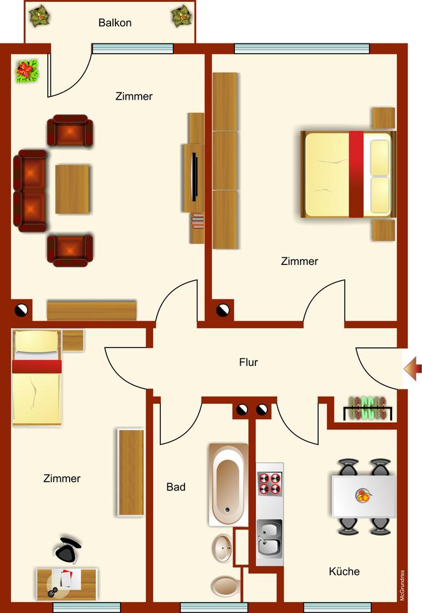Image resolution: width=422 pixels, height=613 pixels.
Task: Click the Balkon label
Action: [x=115, y=23]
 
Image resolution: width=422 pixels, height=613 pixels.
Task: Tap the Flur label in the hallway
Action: [x=248, y=362]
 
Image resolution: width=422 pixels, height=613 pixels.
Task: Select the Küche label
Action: [x=344, y=571]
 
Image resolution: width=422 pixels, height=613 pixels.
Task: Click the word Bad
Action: [x=176, y=487]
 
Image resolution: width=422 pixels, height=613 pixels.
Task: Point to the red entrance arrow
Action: [x=413, y=368]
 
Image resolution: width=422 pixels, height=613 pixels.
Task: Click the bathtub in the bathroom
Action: [x=228, y=483]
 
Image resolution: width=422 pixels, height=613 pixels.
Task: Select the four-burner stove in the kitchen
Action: [x=269, y=483]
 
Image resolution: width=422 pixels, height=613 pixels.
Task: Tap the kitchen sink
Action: [x=269, y=540]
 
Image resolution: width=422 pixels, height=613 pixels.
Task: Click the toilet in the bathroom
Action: [x=224, y=586]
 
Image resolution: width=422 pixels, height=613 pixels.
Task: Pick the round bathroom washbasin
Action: [x=222, y=547]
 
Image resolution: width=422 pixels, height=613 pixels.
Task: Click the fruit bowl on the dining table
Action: [x=363, y=495]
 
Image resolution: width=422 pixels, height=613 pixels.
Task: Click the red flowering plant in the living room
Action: [x=27, y=71]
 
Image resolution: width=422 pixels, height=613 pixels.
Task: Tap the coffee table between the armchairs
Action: [x=72, y=189]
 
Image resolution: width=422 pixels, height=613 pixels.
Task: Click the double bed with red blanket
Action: [x=348, y=175]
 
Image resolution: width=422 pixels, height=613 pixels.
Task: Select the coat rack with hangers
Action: [x=367, y=409]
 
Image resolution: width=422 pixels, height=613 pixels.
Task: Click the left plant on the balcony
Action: [x=40, y=15]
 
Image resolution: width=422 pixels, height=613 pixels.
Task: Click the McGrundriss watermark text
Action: [x=402, y=585]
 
